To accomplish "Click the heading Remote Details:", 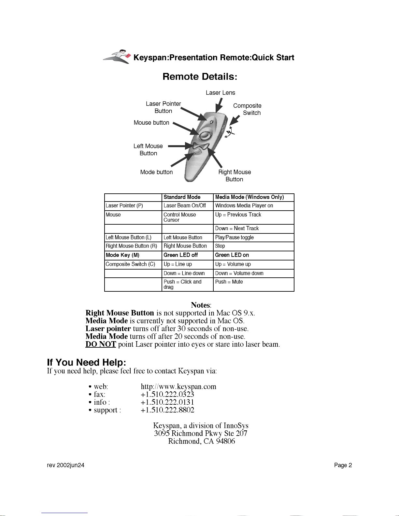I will coord(200,77).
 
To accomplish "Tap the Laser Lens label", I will coord(220,93).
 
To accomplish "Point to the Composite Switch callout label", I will coord(247,109).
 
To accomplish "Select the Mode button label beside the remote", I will coord(156,172).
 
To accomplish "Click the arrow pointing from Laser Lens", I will coord(219,105).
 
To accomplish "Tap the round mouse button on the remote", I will coord(205,134).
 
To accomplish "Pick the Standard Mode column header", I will coord(182,197).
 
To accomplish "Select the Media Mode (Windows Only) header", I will coord(249,197).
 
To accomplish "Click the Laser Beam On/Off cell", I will coord(185,206).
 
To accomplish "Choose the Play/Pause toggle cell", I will coord(234,238).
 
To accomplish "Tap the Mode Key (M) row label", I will coord(122,255).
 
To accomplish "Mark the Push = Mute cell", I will coord(229,282).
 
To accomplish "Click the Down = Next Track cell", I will coord(237,229).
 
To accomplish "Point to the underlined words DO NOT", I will coord(101,344).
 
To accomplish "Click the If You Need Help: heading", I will coord(86,362).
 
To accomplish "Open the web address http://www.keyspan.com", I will coord(178,387).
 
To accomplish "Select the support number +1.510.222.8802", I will coord(167,410).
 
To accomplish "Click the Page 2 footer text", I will coord(343,465).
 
